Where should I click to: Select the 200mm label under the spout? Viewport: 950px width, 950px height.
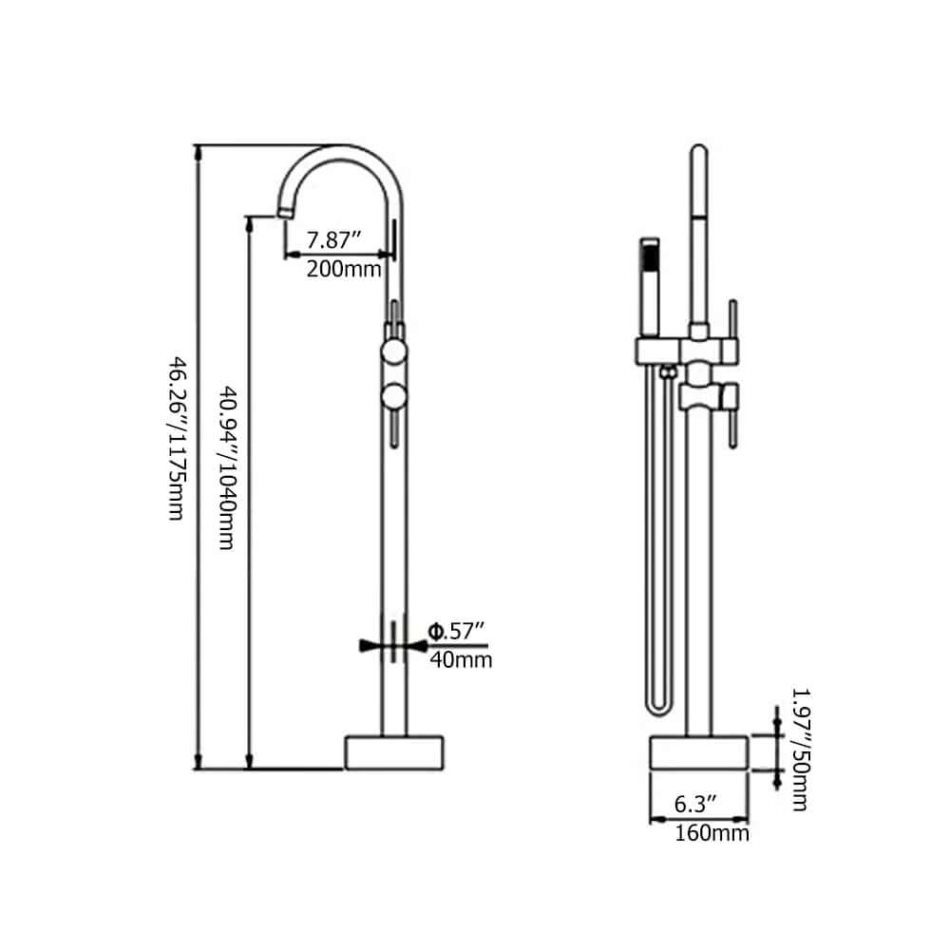343,269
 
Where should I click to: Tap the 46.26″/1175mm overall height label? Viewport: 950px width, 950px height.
176,438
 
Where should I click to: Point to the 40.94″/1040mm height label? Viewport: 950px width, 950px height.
227,465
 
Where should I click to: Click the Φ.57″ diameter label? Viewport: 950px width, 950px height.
457,631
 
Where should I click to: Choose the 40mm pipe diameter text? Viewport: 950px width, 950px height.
460,659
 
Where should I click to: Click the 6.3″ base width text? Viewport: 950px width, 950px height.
695,805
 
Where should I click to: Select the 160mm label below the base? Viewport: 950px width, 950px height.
712,834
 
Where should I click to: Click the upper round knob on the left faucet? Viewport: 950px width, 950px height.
394,353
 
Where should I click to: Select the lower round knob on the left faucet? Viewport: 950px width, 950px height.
394,395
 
